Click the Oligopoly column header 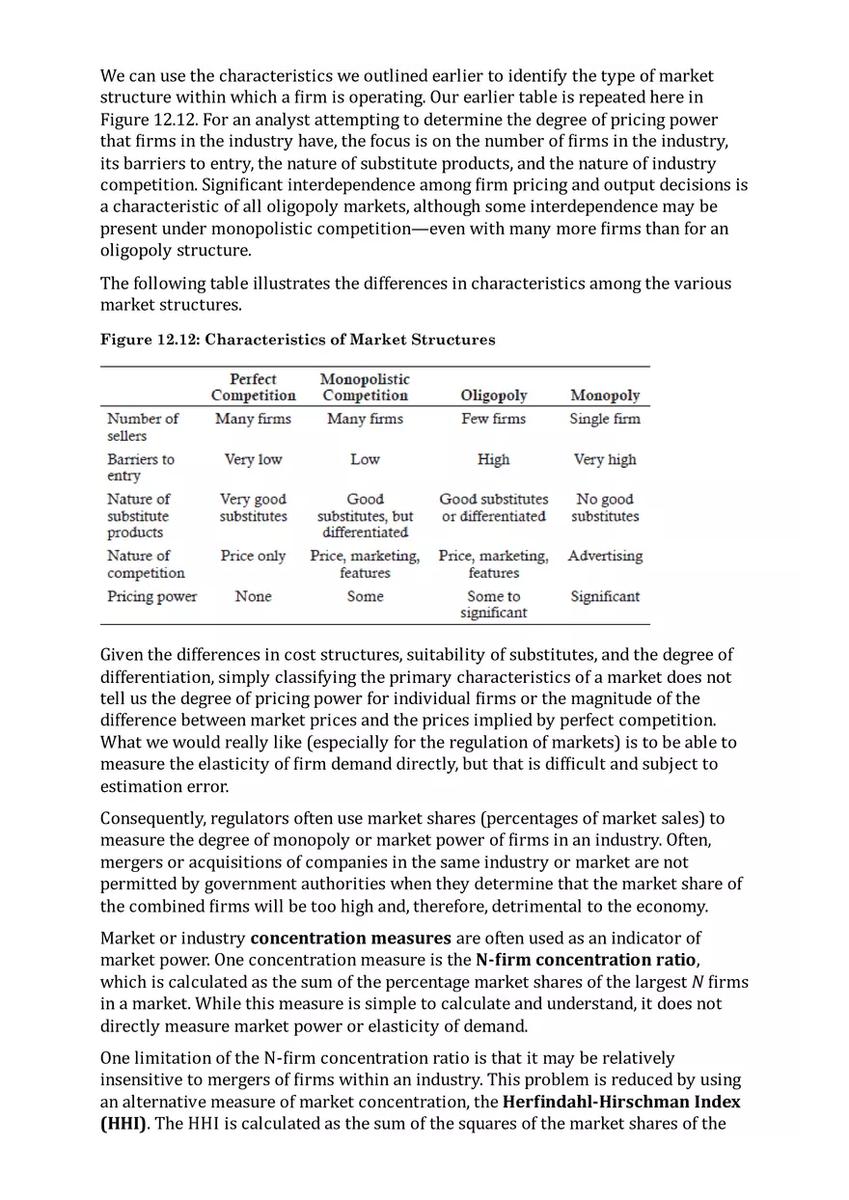[x=493, y=395]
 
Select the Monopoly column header [x=605, y=395]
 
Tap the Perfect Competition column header [x=253, y=388]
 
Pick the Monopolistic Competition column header [x=365, y=388]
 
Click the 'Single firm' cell [x=605, y=419]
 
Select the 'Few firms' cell [x=493, y=419]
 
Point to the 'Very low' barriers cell [x=253, y=459]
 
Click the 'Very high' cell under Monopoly [x=605, y=459]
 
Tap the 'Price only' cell [x=253, y=556]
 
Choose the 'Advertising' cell [x=605, y=556]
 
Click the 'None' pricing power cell [x=253, y=596]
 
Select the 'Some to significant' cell [x=493, y=604]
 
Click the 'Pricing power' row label [x=151, y=596]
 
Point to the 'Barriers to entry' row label [x=141, y=467]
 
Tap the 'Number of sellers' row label [x=142, y=426]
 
